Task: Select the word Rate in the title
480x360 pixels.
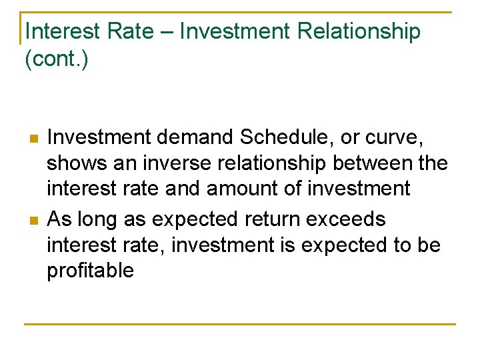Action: (x=133, y=31)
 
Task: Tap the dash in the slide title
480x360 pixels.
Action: (x=170, y=31)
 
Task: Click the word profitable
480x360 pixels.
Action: (x=90, y=271)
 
